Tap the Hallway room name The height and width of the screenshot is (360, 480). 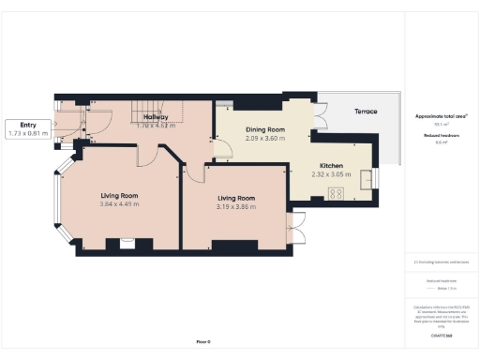tap(156, 117)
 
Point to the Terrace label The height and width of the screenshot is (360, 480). tap(366, 112)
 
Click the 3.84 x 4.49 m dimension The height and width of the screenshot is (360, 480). tap(120, 203)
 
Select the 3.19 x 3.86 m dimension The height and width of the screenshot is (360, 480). tap(236, 206)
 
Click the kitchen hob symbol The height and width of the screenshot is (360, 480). tap(336, 194)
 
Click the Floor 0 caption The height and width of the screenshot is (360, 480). tap(202, 342)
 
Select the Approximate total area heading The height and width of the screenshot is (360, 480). tap(440, 116)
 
